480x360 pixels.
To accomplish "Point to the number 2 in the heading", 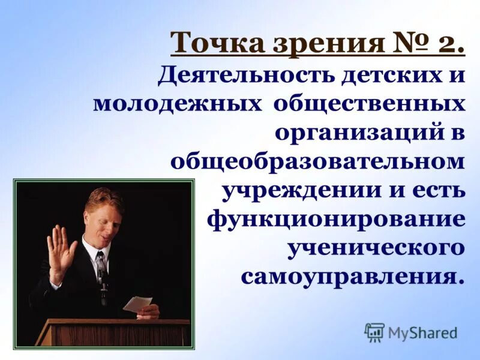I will click(x=445, y=43).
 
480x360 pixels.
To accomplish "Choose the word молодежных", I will click(x=178, y=103).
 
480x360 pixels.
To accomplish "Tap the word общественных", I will click(x=370, y=103).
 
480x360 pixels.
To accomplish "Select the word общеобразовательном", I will click(x=318, y=161).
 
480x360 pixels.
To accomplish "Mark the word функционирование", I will click(x=337, y=218).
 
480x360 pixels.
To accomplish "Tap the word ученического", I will click(x=376, y=247).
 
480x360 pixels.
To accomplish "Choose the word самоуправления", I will click(x=353, y=276).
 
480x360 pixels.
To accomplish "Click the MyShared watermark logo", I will click(x=411, y=332).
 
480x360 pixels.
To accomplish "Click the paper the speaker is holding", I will click(x=137, y=304).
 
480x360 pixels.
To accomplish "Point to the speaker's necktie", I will click(x=101, y=267).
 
